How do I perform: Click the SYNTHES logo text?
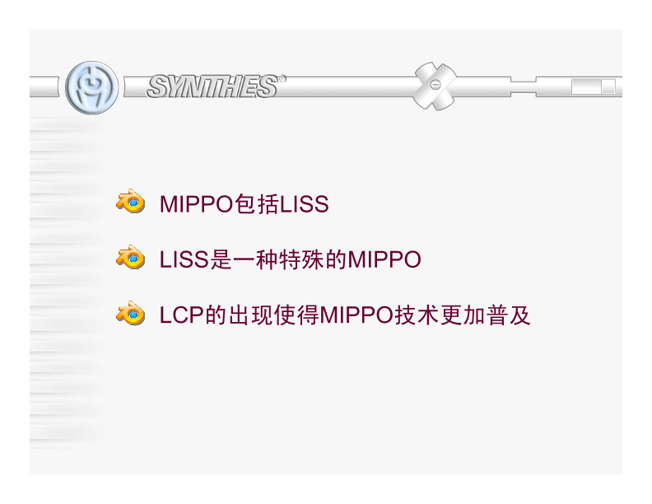pyautogui.click(x=212, y=86)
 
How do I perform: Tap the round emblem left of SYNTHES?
pyautogui.click(x=91, y=86)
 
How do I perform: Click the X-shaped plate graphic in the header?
pyautogui.click(x=435, y=86)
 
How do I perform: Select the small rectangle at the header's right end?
pyautogui.click(x=593, y=86)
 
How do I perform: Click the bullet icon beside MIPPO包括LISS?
pyautogui.click(x=130, y=203)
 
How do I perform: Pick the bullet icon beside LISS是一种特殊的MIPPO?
pyautogui.click(x=130, y=259)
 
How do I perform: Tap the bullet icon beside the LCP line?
pyautogui.click(x=130, y=315)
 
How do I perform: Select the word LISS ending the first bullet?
pyautogui.click(x=304, y=204)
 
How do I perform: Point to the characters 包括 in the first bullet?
pyautogui.click(x=257, y=204)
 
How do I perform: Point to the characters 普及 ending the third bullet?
pyautogui.click(x=509, y=315)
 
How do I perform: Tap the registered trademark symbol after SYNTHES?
pyautogui.click(x=282, y=79)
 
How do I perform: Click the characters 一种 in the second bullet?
pyautogui.click(x=257, y=260)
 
